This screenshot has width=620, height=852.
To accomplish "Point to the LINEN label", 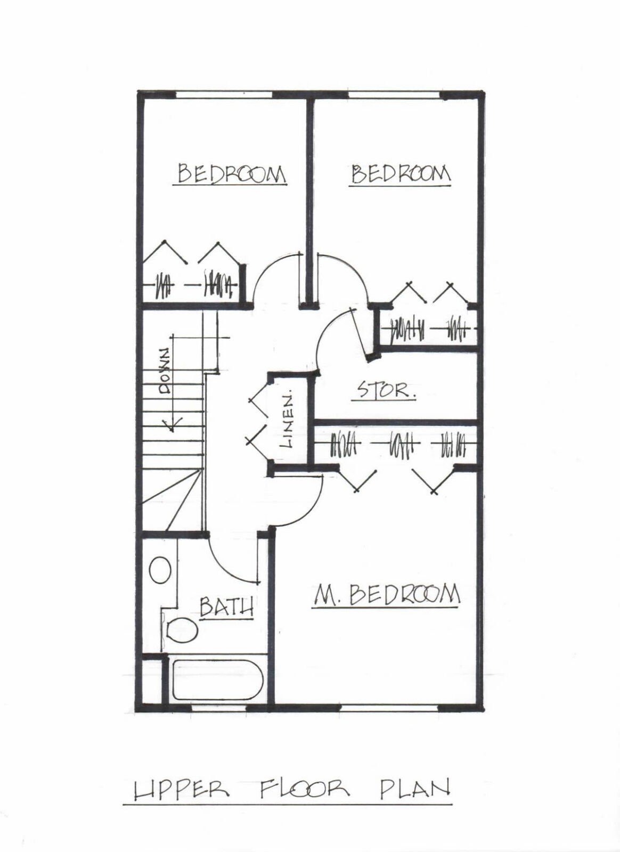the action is click(287, 418).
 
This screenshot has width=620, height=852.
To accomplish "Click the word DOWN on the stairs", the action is click(166, 370).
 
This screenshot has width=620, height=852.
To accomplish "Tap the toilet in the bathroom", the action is click(182, 631).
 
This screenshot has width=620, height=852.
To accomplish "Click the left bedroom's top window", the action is click(224, 94).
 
